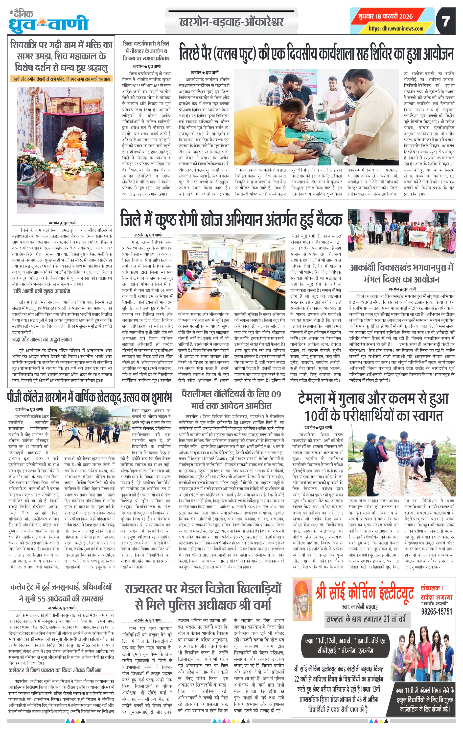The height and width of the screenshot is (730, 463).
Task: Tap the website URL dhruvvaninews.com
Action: pos(396,28)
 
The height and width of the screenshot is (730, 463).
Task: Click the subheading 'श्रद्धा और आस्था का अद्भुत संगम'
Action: pos(42,339)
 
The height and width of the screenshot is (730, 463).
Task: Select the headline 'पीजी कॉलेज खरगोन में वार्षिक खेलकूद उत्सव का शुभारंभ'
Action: pos(89,397)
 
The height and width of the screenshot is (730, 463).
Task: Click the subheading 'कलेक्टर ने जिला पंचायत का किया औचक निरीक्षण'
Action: pos(55,670)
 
